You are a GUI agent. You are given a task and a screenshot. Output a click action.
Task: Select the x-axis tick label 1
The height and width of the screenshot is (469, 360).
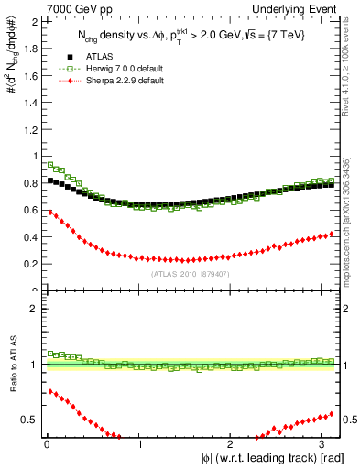click(x=139, y=444)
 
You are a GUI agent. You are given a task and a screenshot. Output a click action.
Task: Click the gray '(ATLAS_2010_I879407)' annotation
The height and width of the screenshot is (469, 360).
click(x=191, y=274)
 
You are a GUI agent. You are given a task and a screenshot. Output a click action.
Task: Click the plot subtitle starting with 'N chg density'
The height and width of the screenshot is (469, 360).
click(x=191, y=36)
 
